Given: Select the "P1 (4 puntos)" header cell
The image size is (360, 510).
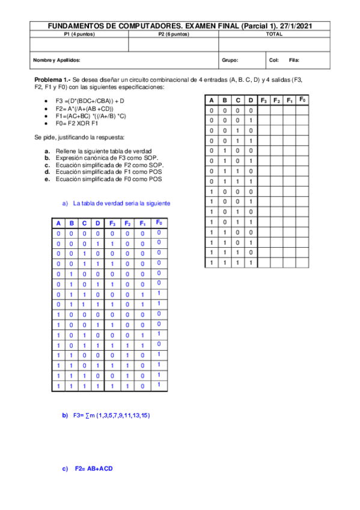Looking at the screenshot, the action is point(79,34).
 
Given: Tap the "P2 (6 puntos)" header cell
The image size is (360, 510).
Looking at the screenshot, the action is point(173,34).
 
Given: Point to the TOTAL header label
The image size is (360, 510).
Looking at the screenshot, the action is point(274,34).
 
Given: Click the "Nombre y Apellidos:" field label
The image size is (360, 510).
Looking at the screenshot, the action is point(57,60).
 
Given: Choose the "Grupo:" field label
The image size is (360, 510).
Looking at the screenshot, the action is point(230,60).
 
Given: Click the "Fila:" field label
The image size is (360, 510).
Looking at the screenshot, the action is point(294,60).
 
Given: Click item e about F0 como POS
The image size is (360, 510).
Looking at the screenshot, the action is point(108,179).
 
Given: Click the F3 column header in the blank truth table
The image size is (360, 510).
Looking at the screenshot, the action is point(264,100).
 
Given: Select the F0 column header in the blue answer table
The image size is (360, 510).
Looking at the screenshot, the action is point(159,223).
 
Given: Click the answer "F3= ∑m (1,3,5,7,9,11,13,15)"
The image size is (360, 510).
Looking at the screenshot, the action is point(111,415).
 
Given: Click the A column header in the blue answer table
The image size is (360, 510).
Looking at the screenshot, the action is point(58,224).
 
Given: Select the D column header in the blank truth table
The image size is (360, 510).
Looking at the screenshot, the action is point(251,100).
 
